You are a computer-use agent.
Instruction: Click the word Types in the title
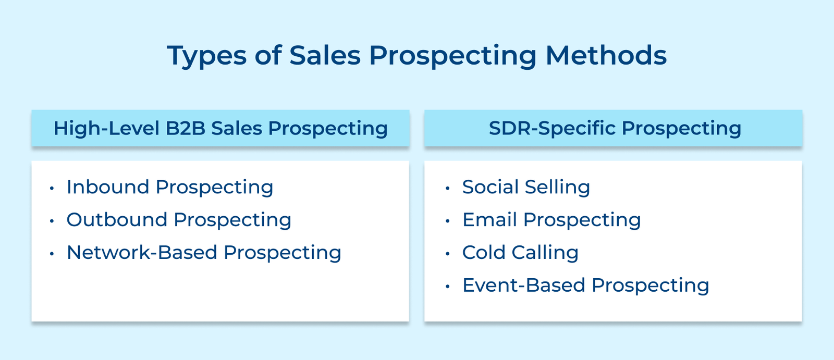click(206, 56)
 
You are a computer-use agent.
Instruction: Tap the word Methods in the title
click(606, 55)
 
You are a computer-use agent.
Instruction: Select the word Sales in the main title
click(325, 55)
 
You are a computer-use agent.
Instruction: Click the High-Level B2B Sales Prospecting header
click(220, 128)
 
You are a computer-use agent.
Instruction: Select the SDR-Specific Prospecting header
click(615, 128)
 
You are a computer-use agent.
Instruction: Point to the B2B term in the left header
click(186, 128)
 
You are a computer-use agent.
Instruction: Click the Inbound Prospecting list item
click(170, 187)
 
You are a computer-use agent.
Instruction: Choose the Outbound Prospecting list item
click(179, 220)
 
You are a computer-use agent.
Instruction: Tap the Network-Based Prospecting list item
click(204, 253)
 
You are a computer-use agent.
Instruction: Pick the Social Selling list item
click(526, 187)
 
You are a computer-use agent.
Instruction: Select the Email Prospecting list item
click(551, 220)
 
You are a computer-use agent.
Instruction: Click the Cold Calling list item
click(520, 253)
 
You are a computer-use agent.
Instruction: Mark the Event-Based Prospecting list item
click(585, 285)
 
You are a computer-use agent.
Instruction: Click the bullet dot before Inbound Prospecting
click(52, 188)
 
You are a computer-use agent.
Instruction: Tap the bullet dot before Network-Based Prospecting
click(52, 254)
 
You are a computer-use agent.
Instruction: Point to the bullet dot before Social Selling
click(447, 188)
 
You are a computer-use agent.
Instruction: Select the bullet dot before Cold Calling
click(447, 254)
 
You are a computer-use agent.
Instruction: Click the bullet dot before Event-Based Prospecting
click(447, 287)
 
